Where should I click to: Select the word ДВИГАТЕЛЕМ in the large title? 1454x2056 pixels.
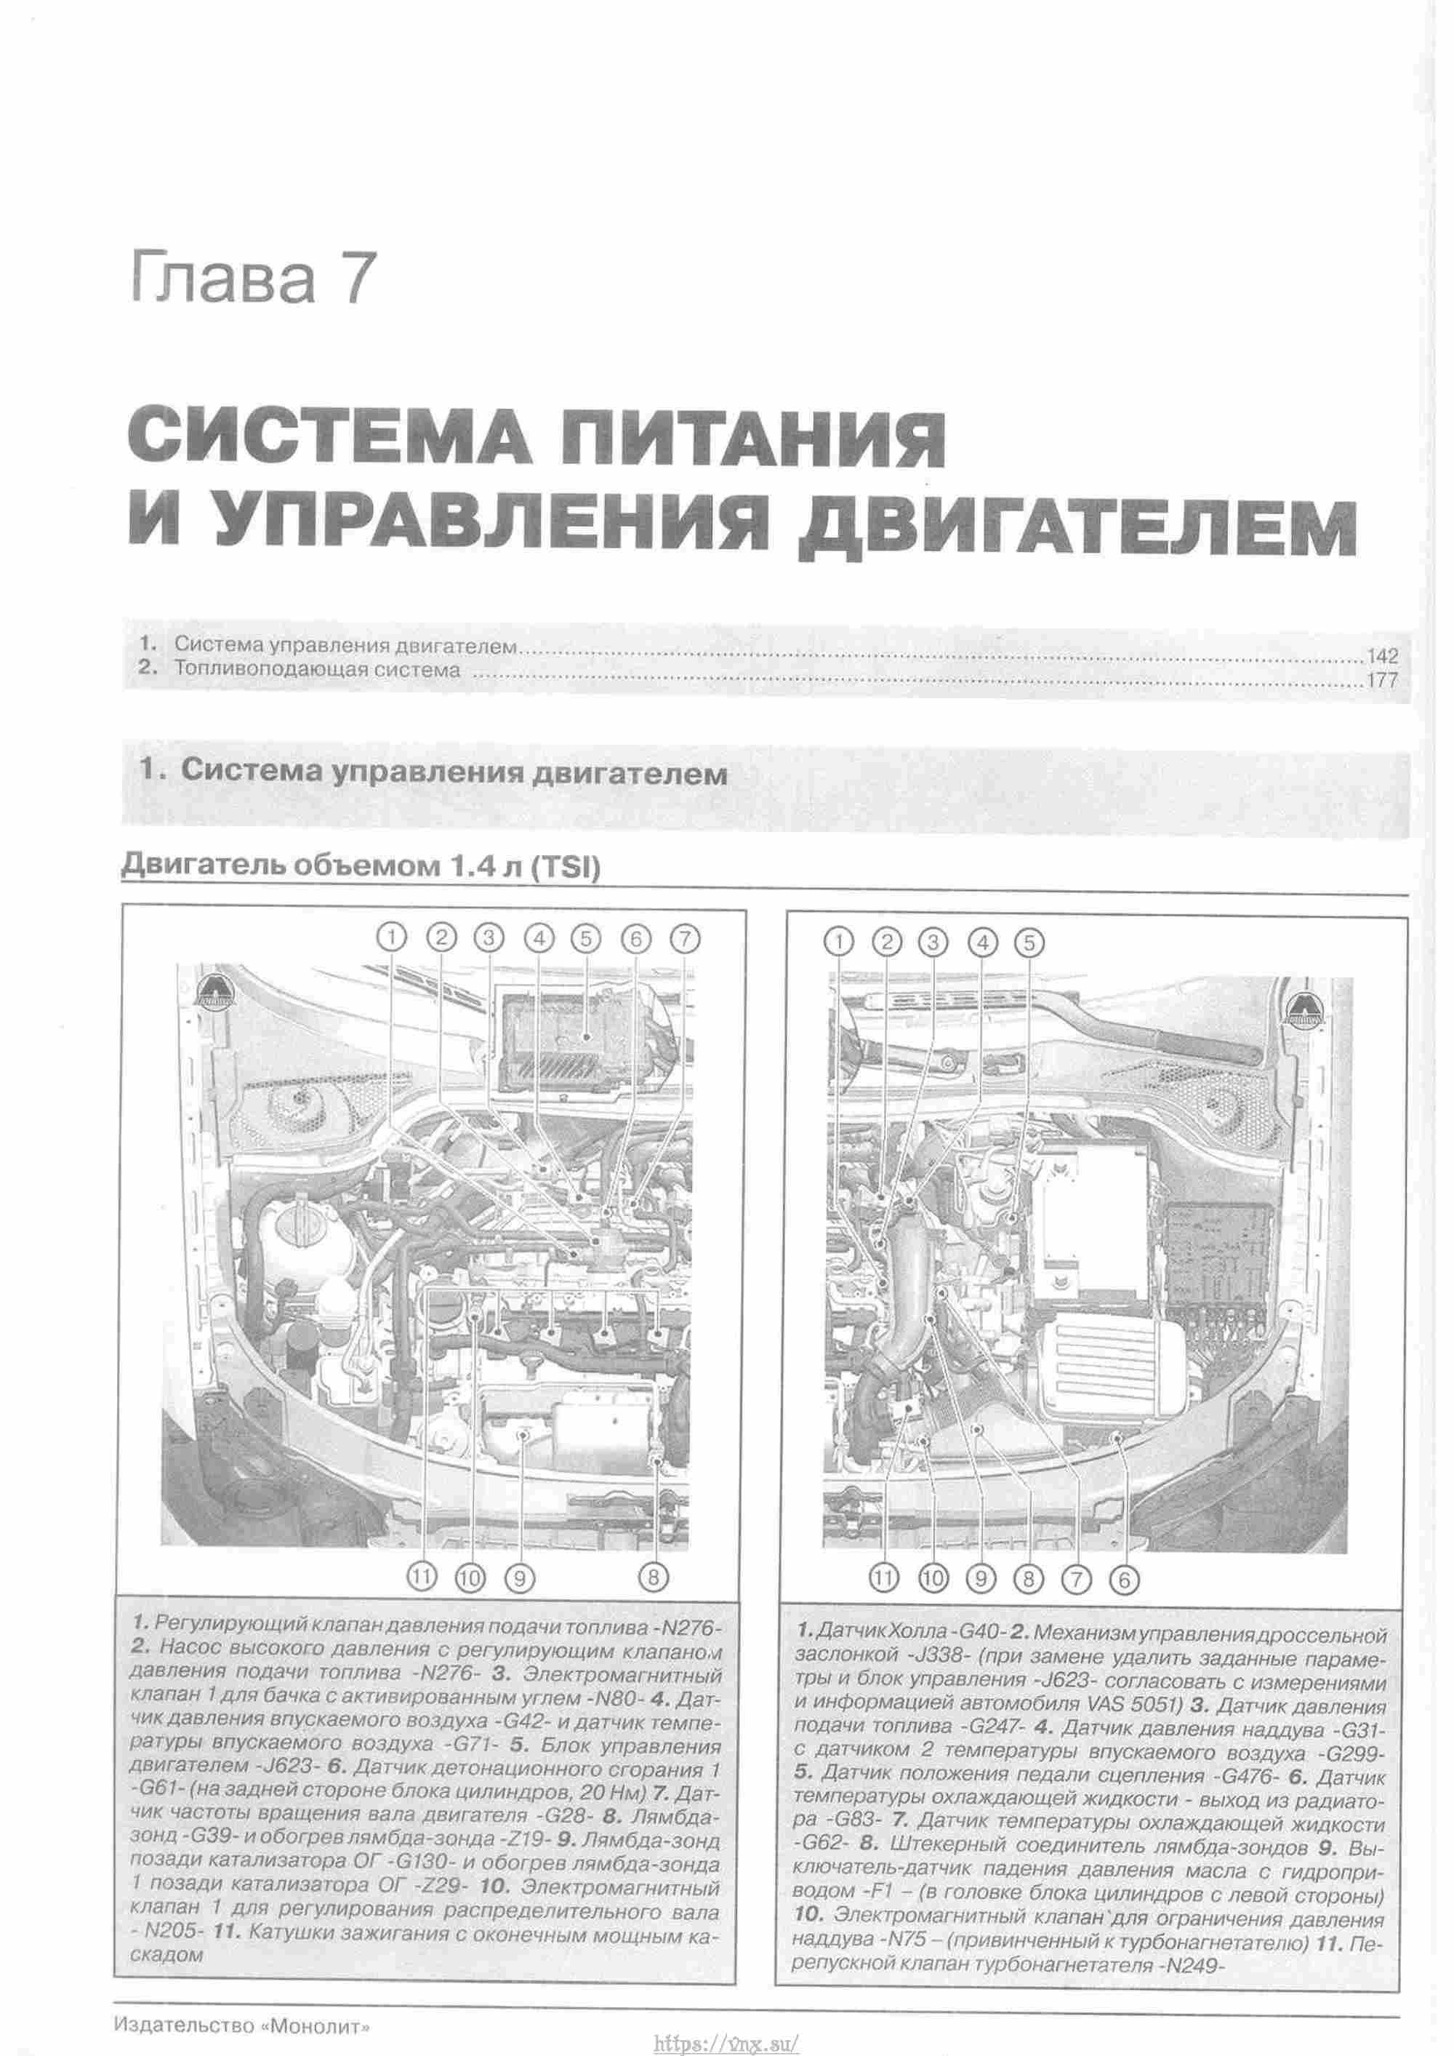point(1077,531)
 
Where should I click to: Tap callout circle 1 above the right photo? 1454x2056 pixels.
point(839,942)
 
